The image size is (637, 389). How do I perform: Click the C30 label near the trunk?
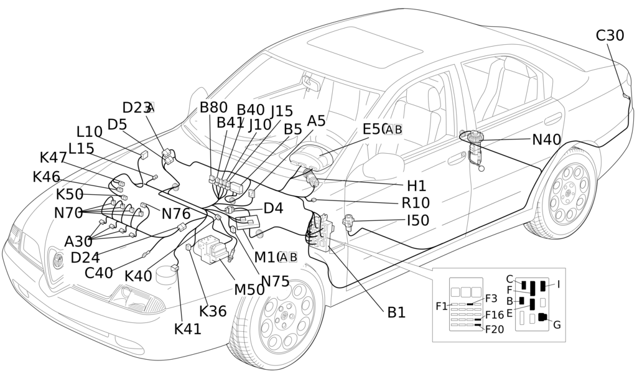(x=610, y=35)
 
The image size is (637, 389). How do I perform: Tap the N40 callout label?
(x=546, y=140)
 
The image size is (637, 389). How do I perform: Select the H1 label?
(x=416, y=185)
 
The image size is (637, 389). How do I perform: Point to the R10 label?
(x=416, y=203)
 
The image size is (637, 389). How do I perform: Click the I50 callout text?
(x=417, y=220)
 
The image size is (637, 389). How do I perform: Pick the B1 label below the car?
(x=396, y=312)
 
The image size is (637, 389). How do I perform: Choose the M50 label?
(x=249, y=289)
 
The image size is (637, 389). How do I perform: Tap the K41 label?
(x=188, y=329)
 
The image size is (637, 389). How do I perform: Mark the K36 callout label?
(x=213, y=311)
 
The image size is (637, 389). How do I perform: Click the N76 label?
(x=176, y=213)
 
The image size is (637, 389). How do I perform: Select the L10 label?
(x=90, y=132)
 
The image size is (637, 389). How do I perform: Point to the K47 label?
(x=53, y=157)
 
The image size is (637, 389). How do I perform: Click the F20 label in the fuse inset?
(x=495, y=329)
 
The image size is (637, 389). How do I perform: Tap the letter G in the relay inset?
(x=557, y=325)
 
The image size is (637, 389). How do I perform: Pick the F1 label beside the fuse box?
(x=442, y=306)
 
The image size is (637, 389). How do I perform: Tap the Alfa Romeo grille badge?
(x=57, y=260)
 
